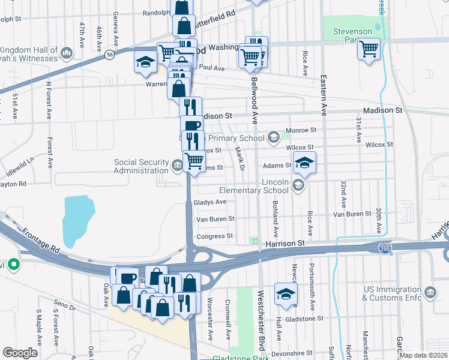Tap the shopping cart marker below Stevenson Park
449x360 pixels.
[x=369, y=49]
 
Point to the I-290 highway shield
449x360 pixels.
[x=385, y=248]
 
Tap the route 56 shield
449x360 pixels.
[x=109, y=55]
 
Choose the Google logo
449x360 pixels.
[x=20, y=353]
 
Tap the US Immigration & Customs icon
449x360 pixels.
[x=430, y=293]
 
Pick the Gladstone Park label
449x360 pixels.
[x=240, y=358]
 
